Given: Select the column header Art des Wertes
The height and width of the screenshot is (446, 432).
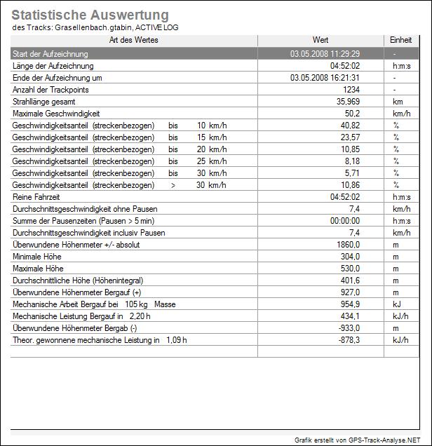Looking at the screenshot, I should (x=134, y=41).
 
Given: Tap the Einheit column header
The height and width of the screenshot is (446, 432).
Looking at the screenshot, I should (x=400, y=41).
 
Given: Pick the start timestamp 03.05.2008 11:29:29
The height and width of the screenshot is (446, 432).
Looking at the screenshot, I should (x=325, y=54).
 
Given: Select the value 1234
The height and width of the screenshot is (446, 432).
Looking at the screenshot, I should (x=351, y=90).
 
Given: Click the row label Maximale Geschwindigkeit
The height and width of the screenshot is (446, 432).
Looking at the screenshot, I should (x=57, y=114).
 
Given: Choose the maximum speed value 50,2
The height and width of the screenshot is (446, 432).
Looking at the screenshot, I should (x=352, y=114).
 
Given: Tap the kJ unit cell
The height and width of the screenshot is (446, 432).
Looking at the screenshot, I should (x=396, y=304).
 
